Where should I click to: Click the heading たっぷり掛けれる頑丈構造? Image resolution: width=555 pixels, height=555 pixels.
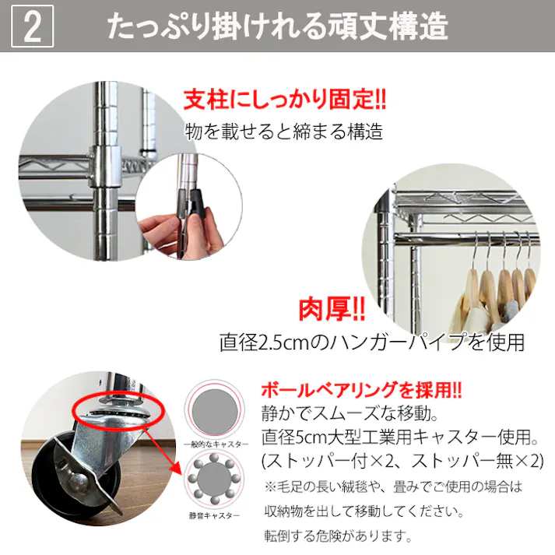coord(278,26)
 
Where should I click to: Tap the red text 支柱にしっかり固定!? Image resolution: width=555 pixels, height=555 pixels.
coord(285,100)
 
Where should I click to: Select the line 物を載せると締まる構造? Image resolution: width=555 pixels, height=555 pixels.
coord(284,132)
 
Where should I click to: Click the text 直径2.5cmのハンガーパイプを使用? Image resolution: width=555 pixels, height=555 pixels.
coord(372,342)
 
